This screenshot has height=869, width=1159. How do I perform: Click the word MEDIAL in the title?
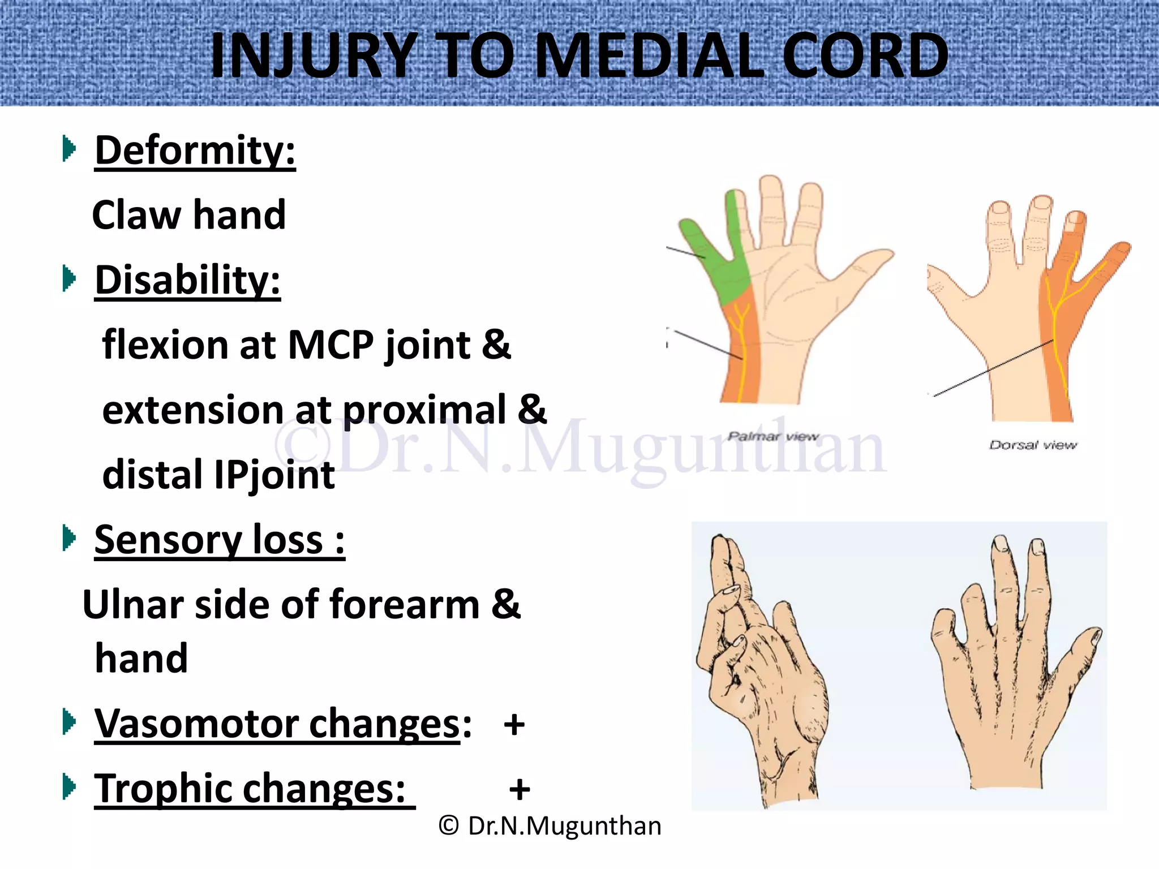pos(649,55)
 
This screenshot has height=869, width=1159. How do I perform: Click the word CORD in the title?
pos(866,55)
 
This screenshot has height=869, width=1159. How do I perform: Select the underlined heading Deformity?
pos(195,150)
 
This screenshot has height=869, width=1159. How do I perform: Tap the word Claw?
pos(136,215)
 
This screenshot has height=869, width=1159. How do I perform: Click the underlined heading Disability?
pos(187,280)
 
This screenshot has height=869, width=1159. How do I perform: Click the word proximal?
pos(424,410)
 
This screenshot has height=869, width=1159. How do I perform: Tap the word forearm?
pos(405,605)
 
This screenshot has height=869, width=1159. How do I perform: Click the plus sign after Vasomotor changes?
pos(514,725)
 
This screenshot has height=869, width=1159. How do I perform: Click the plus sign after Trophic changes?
pos(520,790)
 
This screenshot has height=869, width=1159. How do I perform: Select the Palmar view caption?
pos(773,436)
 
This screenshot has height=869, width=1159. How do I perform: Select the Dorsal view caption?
pos(1033,445)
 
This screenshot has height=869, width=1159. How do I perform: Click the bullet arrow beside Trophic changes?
pos(69,787)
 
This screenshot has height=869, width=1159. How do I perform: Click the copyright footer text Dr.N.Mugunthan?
pos(550,826)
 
